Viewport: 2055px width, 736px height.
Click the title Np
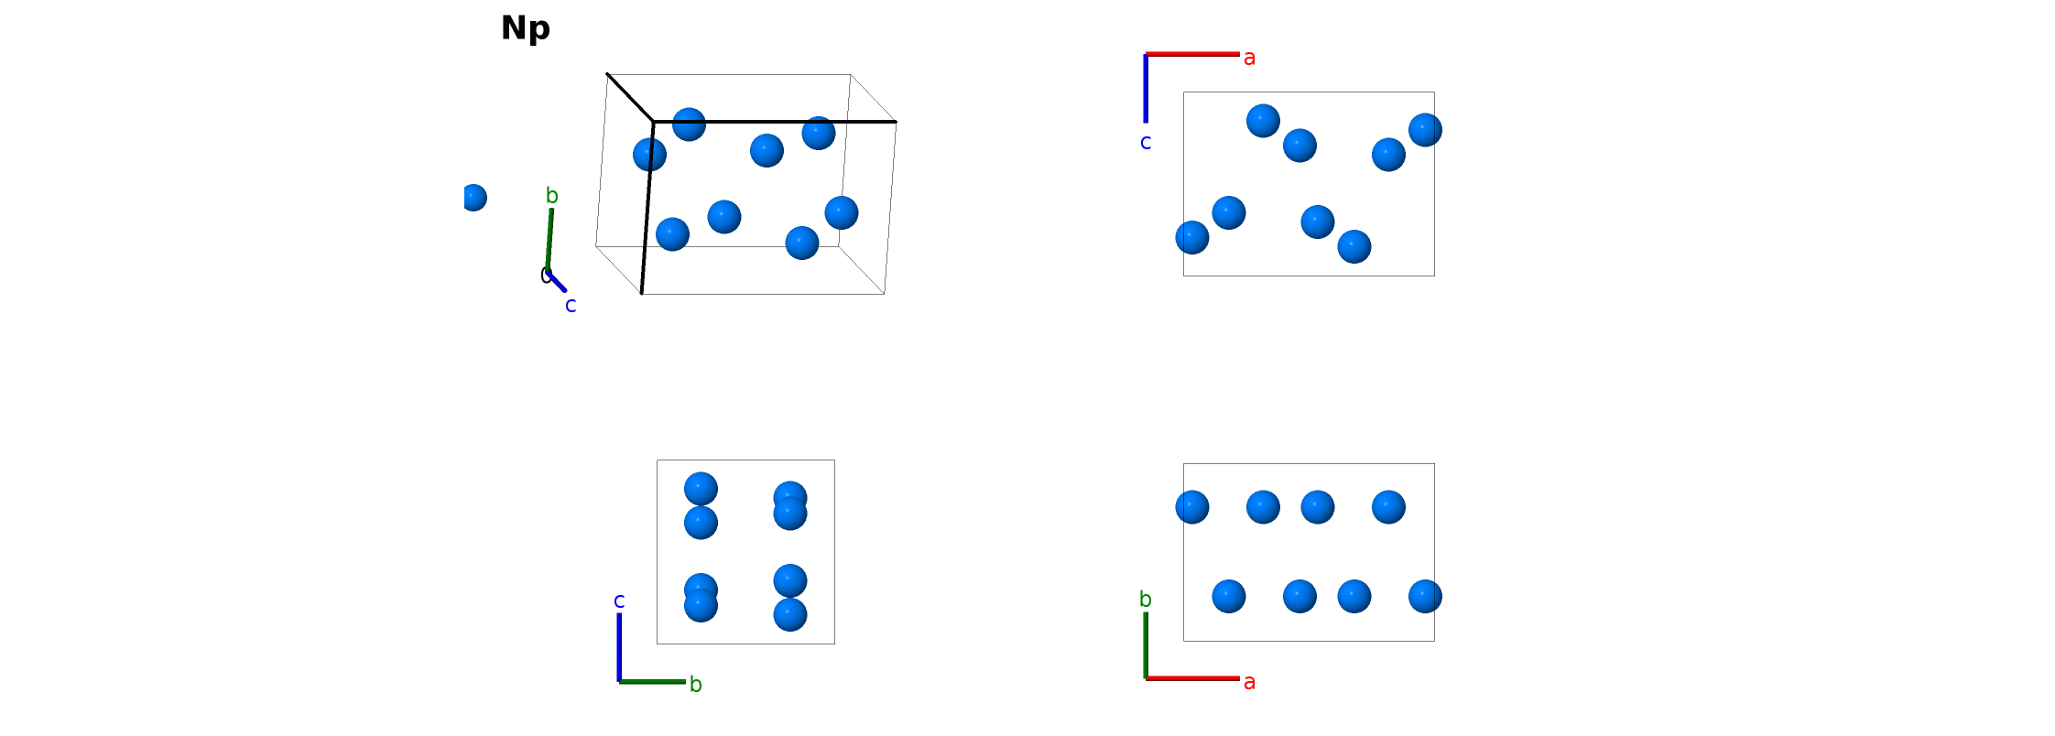pyautogui.click(x=526, y=28)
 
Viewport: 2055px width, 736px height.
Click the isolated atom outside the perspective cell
pyautogui.click(x=473, y=198)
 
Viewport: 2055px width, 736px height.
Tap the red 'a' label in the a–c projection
pyautogui.click(x=1249, y=58)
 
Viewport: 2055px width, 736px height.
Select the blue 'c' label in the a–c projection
pyautogui.click(x=1146, y=142)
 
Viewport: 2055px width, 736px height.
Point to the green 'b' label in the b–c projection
pyautogui.click(x=696, y=684)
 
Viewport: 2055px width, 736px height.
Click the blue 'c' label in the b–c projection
pyautogui.click(x=619, y=601)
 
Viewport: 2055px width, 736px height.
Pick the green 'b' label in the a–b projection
pyautogui.click(x=1146, y=599)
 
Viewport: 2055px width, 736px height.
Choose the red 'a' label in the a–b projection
pyautogui.click(x=1249, y=682)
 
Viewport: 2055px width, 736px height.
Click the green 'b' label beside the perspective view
pyautogui.click(x=552, y=195)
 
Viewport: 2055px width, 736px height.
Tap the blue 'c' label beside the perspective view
pyautogui.click(x=571, y=305)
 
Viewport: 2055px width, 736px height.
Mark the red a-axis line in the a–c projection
pyautogui.click(x=1192, y=54)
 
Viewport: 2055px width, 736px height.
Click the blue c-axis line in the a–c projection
pyautogui.click(x=1146, y=88)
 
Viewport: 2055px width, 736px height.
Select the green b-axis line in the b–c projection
pyautogui.click(x=652, y=681)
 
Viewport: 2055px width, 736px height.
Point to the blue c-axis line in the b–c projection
pyautogui.click(x=619, y=647)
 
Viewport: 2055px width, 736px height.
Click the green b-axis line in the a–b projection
pyautogui.click(x=1146, y=645)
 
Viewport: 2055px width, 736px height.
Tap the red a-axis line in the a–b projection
pyautogui.click(x=1192, y=678)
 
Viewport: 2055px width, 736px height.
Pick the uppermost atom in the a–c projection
pyautogui.click(x=1263, y=121)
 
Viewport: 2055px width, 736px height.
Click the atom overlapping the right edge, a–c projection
pyautogui.click(x=1425, y=130)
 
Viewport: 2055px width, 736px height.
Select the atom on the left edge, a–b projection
pyautogui.click(x=1192, y=507)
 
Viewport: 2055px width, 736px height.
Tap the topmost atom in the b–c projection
pyautogui.click(x=701, y=489)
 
